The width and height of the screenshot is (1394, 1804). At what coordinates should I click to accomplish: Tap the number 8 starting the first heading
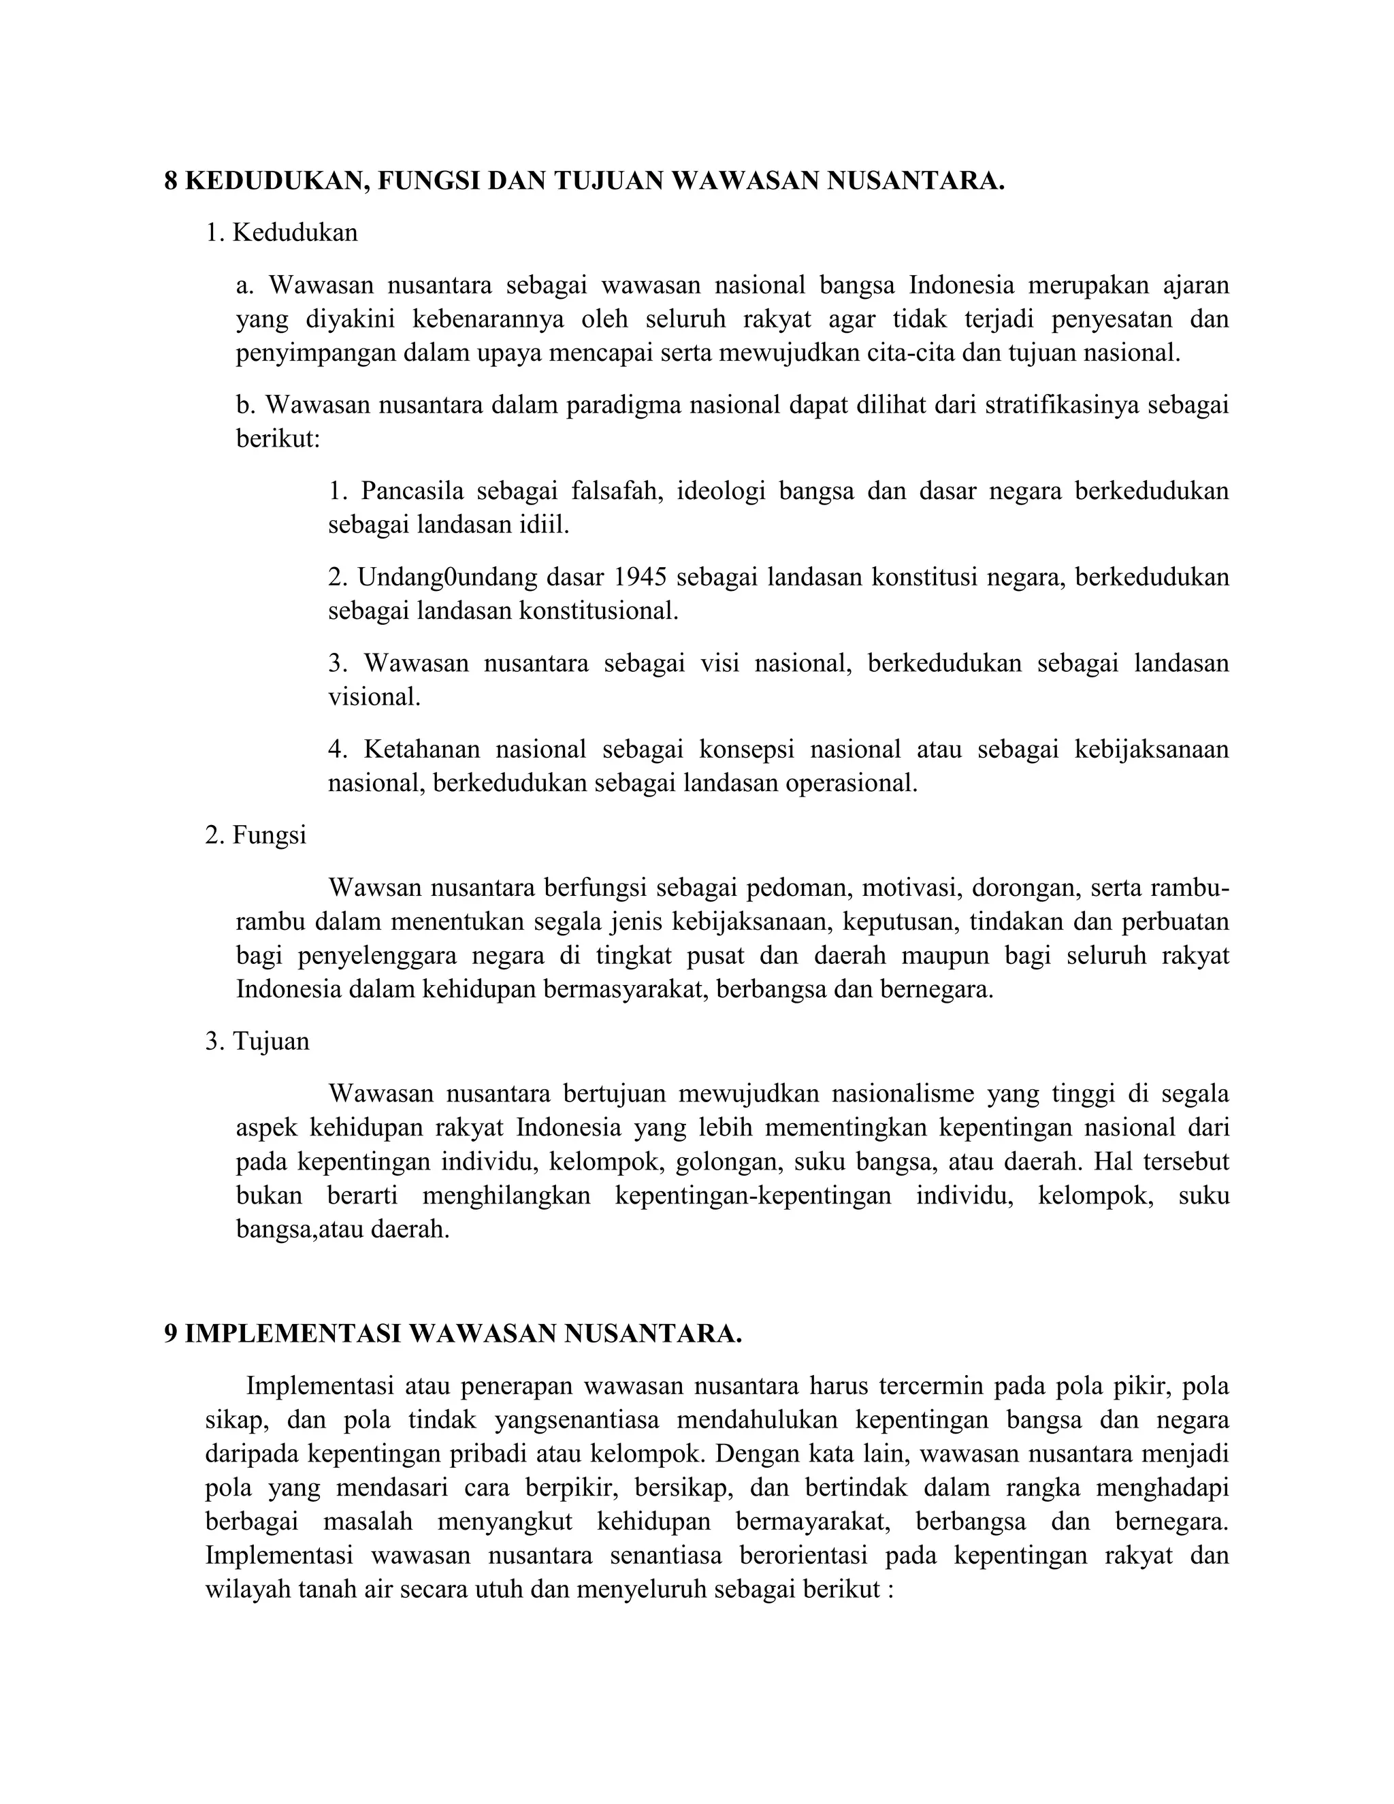(x=171, y=181)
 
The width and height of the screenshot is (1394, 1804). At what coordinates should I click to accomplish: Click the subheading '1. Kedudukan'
(x=282, y=233)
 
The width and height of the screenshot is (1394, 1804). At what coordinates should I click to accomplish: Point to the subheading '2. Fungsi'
(x=256, y=835)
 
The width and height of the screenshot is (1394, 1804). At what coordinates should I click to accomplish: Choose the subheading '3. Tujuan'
(x=258, y=1041)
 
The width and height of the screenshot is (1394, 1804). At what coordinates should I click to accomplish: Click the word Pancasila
(x=411, y=491)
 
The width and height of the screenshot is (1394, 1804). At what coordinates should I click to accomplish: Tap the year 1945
(x=640, y=577)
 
